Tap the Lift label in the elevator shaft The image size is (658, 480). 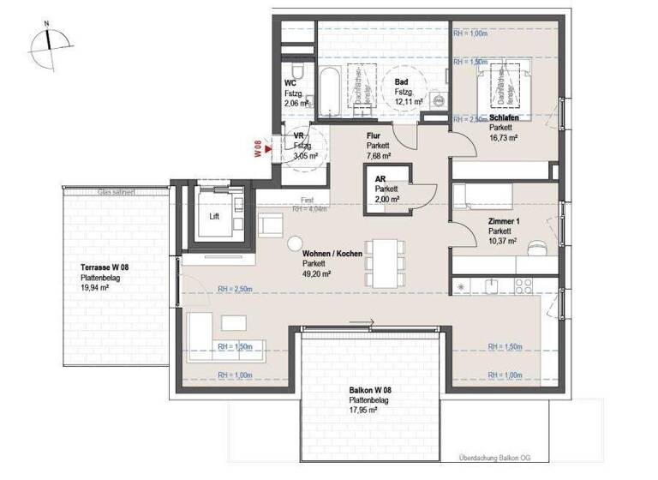pos(214,217)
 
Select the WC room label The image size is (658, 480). pos(290,83)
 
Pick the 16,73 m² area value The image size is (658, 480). pos(504,136)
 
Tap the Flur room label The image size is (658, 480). pos(373,135)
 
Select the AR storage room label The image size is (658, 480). pos(380,178)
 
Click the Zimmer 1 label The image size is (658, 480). pos(505,221)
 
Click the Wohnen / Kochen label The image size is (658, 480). pos(332,255)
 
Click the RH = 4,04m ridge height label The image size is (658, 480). pos(310,208)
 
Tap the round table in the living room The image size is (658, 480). pos(296,243)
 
